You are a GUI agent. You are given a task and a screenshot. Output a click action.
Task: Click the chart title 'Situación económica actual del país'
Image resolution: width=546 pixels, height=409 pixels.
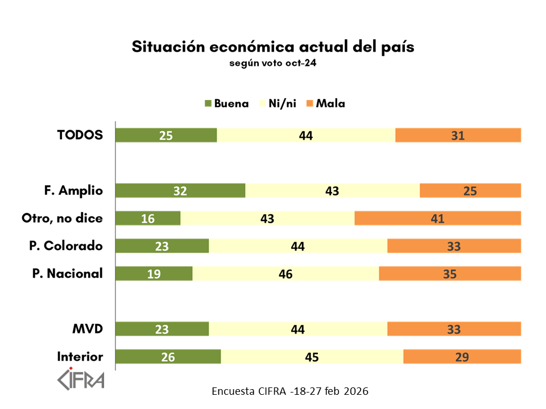tap(273, 47)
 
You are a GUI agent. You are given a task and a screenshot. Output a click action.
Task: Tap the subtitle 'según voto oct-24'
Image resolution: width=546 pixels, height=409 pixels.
tap(272, 63)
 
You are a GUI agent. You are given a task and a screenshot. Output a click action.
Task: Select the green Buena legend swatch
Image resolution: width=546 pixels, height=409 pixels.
tap(208, 103)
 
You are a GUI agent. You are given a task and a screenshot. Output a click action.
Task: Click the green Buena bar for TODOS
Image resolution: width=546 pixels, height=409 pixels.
tap(166, 135)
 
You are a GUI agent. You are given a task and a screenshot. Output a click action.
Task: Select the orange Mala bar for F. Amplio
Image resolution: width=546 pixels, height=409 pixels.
tap(470, 191)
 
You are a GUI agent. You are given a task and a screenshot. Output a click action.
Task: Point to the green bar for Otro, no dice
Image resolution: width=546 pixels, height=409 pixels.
tap(148, 218)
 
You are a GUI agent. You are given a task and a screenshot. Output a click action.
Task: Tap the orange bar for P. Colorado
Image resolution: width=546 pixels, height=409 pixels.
tap(454, 246)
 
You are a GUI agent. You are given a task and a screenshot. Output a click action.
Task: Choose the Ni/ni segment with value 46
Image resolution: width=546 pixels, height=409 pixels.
tap(286, 273)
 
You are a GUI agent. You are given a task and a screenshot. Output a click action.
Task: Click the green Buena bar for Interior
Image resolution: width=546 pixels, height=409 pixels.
tap(168, 357)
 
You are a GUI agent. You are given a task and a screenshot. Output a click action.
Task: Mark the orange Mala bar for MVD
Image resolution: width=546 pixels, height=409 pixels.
tap(454, 329)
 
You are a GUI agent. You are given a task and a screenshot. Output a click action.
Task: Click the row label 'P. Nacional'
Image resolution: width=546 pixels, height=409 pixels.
tap(67, 273)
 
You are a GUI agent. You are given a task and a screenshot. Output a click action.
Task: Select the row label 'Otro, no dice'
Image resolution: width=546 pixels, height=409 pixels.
tap(62, 218)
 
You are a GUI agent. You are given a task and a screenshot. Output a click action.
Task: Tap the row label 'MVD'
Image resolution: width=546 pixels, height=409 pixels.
tap(88, 329)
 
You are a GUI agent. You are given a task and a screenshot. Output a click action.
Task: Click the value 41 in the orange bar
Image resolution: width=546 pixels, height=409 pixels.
tap(437, 218)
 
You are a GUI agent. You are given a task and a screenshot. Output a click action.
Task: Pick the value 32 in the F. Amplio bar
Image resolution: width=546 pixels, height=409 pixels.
tap(180, 191)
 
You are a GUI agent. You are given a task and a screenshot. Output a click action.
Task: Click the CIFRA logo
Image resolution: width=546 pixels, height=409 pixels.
tap(81, 379)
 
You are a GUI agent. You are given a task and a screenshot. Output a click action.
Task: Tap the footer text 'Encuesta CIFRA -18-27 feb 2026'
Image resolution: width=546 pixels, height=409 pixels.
tap(289, 391)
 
